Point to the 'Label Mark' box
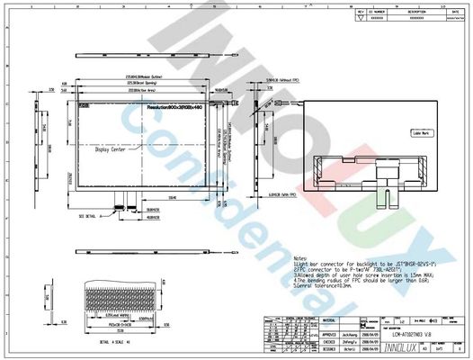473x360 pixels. (422, 132)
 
